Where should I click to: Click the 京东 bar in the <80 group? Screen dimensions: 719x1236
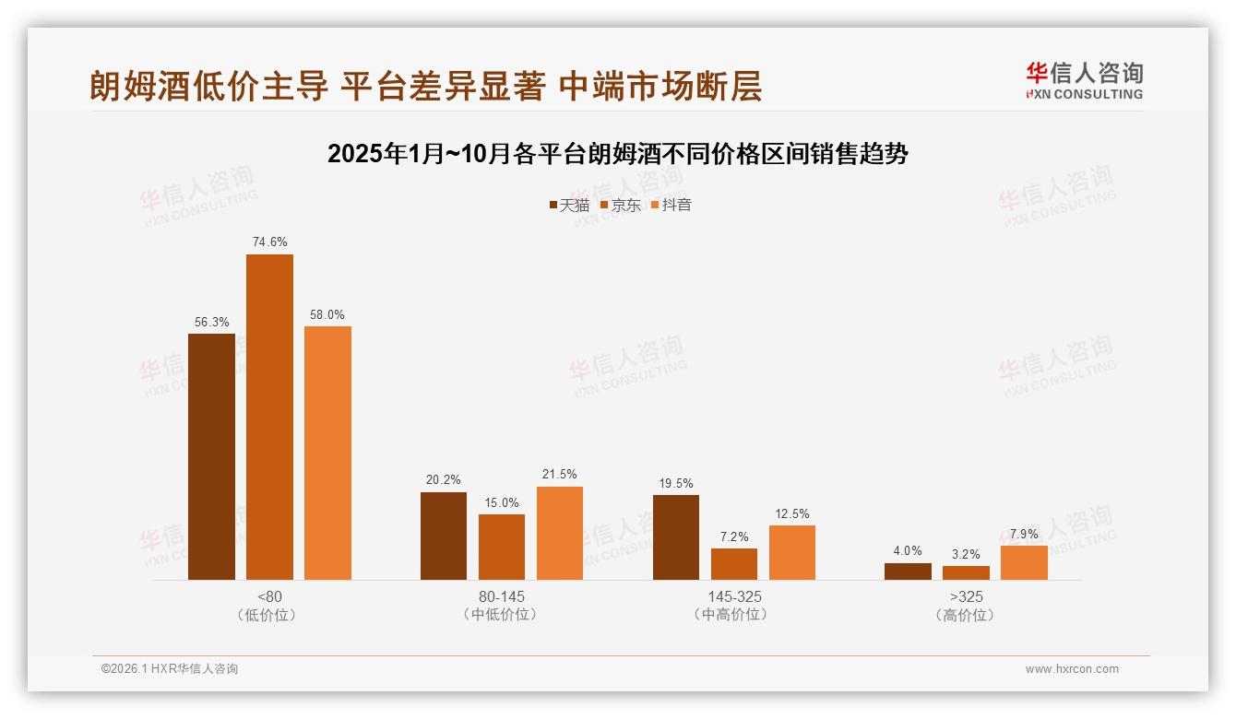tap(269, 417)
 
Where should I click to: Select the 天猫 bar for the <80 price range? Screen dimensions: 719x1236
tap(211, 456)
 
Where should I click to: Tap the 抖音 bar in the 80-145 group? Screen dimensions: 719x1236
tap(560, 533)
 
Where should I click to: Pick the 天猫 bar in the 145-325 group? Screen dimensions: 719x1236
tap(676, 537)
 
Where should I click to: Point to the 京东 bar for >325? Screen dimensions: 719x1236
tap(966, 572)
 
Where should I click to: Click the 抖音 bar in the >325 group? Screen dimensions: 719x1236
tap(1024, 562)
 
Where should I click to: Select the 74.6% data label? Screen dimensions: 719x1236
tap(269, 242)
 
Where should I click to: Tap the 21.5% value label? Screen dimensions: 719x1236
tap(560, 475)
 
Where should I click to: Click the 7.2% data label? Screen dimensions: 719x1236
tap(734, 536)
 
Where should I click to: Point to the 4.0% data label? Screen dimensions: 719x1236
tap(908, 551)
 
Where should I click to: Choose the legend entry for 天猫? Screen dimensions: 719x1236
tap(568, 205)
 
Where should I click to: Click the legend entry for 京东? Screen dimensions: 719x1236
tap(620, 205)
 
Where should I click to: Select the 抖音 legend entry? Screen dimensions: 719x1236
tap(671, 205)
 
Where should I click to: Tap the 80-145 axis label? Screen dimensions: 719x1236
tap(501, 596)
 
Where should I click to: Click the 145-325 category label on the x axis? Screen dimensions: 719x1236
tap(733, 596)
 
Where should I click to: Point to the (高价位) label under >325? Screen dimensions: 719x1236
tap(966, 615)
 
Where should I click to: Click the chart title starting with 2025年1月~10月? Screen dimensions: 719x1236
tap(617, 154)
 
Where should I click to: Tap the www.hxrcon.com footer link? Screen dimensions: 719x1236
tap(1072, 669)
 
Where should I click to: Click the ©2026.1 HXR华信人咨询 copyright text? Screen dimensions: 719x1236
tap(170, 669)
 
